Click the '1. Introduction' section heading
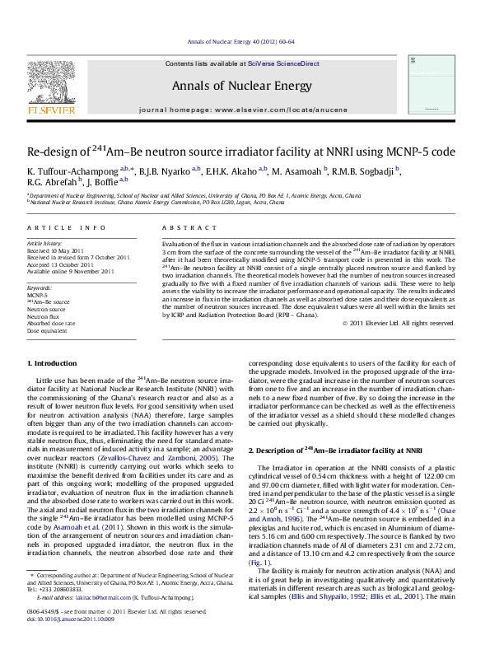tap(53, 363)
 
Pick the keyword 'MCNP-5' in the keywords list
tap(37, 294)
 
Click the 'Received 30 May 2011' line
tap(56, 250)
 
